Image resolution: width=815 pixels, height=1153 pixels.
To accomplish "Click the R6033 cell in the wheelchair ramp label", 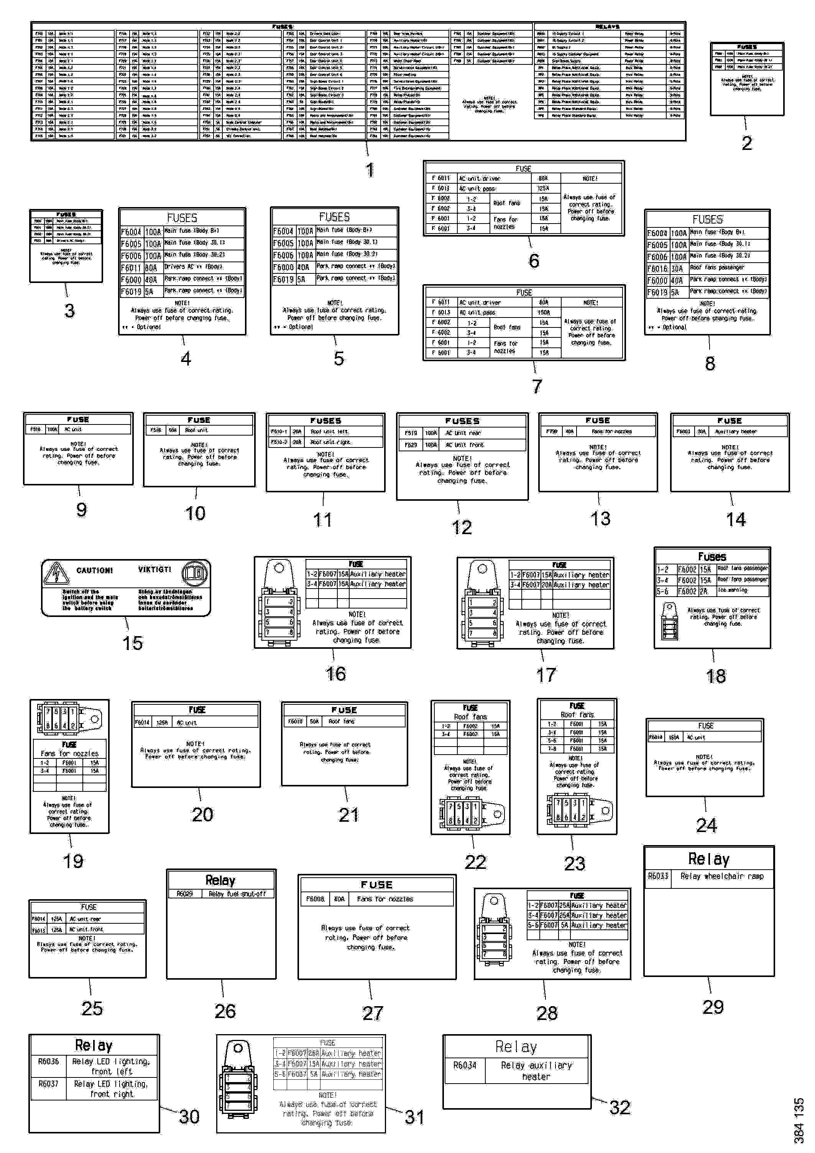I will pos(658,876).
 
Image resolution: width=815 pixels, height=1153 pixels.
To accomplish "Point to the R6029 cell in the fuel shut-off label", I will pos(185,894).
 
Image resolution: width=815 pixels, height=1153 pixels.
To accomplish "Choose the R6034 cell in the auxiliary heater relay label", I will pos(465,1065).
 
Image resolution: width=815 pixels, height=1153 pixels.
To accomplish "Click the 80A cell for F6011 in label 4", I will pos(151,268).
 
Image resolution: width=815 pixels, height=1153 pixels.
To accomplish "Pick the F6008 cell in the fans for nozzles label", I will pos(315,899).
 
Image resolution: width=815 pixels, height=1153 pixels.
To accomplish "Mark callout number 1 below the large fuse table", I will pos(370,170).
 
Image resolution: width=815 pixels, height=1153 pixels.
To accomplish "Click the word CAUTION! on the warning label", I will pos(94,571).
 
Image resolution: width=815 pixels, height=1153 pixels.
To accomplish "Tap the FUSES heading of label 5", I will pos(334,217).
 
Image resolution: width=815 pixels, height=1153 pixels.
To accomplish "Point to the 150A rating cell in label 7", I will pos(544,313).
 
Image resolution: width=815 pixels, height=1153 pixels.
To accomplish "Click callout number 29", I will pos(713,1007).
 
